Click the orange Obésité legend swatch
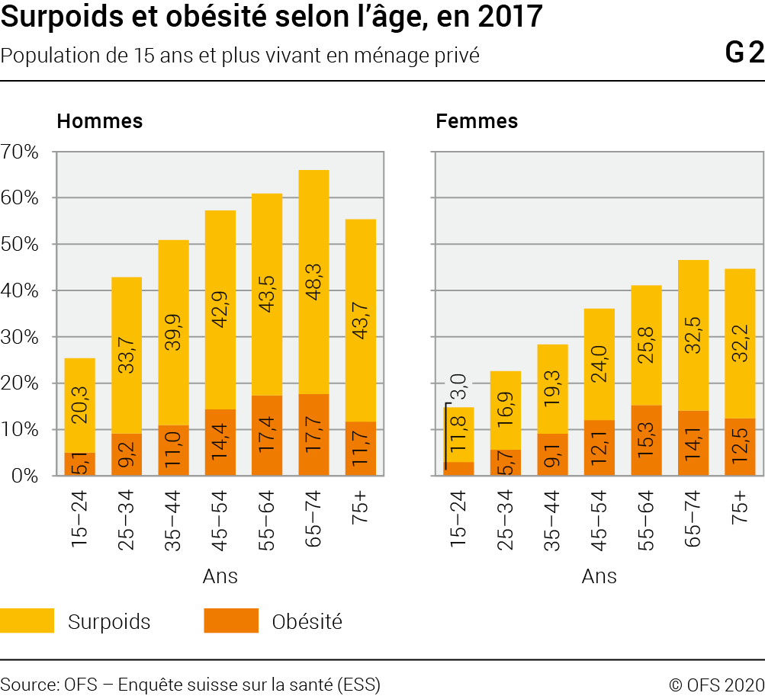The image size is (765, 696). point(230,621)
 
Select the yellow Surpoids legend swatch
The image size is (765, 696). point(27,621)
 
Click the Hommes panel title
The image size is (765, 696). point(100,120)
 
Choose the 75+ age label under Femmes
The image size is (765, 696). point(739,505)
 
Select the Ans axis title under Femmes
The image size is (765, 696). point(599,576)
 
